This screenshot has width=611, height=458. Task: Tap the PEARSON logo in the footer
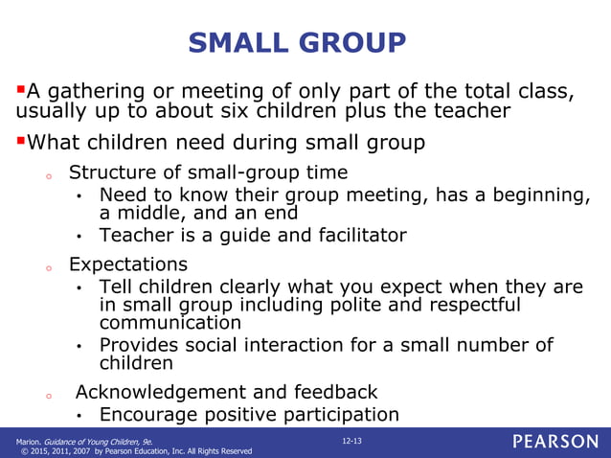pos(554,442)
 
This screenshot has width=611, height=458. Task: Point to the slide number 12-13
pos(353,438)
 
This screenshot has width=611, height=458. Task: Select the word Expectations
pos(128,263)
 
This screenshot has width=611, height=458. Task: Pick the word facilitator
pos(355,235)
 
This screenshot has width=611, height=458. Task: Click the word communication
pos(170,323)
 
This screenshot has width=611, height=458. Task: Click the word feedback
pos(333,392)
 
